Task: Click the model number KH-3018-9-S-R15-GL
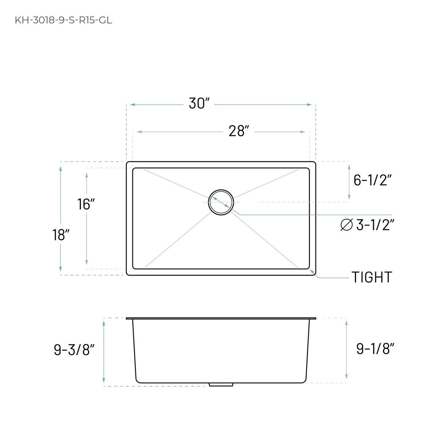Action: pos(63,20)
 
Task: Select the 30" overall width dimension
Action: pos(199,104)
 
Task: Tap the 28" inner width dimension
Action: pos(239,131)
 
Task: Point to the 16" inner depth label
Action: pos(86,204)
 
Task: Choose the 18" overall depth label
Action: pos(60,235)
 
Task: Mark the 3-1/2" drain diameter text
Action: pos(375,225)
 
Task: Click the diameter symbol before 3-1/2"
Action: pos(346,225)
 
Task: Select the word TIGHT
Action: pos(372,277)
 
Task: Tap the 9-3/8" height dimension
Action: pos(74,350)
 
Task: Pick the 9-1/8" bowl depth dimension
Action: pos(375,349)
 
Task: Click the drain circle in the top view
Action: pos(221,202)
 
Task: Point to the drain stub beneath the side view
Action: pos(221,384)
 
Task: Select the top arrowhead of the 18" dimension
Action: pos(60,168)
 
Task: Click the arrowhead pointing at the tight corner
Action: pos(312,271)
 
